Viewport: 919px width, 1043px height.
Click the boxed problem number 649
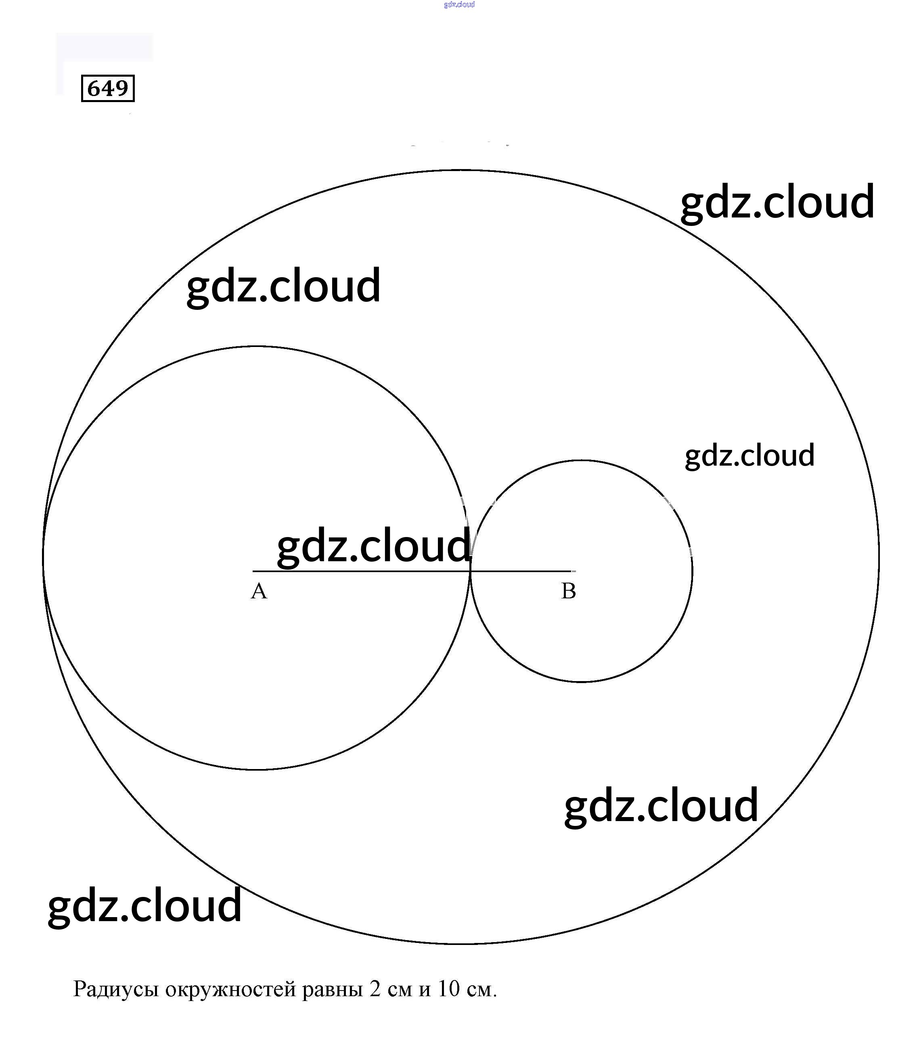pyautogui.click(x=108, y=88)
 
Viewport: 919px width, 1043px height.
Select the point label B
pyautogui.click(x=568, y=591)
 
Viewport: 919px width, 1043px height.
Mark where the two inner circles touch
pyautogui.click(x=470, y=571)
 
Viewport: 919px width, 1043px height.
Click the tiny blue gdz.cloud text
pyautogui.click(x=459, y=4)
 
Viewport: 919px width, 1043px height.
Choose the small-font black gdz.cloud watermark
pyautogui.click(x=749, y=456)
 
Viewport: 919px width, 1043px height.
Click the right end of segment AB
pyautogui.click(x=572, y=571)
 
